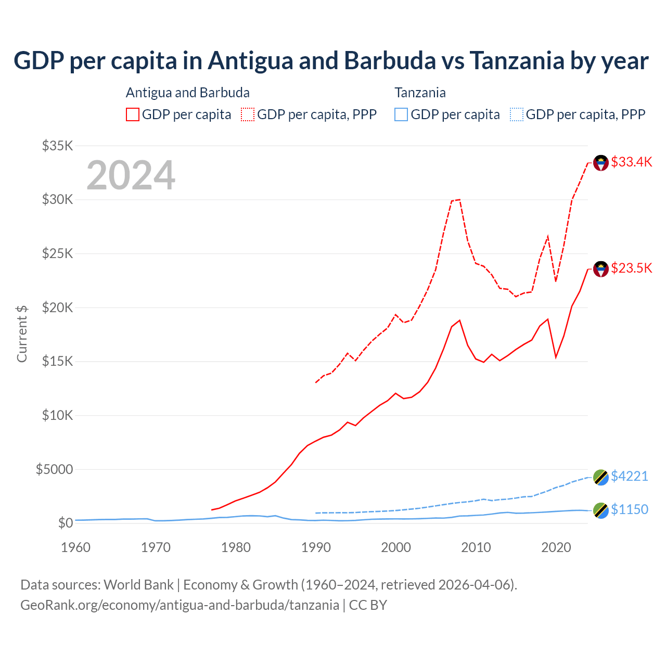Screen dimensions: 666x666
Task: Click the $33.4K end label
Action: coord(631,162)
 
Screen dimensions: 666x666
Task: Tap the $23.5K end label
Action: coord(631,268)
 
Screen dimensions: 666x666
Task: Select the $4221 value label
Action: coord(629,476)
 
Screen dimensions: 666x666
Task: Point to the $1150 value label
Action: coord(629,509)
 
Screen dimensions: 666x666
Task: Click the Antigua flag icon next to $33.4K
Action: coord(601,163)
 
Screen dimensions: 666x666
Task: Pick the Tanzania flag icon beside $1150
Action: coord(601,510)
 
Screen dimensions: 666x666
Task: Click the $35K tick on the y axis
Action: coord(57,146)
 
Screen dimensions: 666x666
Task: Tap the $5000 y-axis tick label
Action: coord(54,469)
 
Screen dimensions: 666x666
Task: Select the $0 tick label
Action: coord(65,523)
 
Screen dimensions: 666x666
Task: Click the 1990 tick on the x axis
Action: coord(316,547)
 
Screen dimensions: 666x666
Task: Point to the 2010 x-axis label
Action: coord(476,547)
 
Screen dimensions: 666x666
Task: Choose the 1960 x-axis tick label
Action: coord(76,547)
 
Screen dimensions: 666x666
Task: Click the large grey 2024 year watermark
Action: coord(131,175)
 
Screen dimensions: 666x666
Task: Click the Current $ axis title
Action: coord(22,334)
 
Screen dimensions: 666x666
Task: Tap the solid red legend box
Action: coord(133,114)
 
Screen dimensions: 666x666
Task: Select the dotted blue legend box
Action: coord(517,114)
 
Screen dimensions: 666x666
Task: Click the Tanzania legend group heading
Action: coord(420,93)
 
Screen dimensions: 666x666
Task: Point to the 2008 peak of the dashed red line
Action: coord(459,199)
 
